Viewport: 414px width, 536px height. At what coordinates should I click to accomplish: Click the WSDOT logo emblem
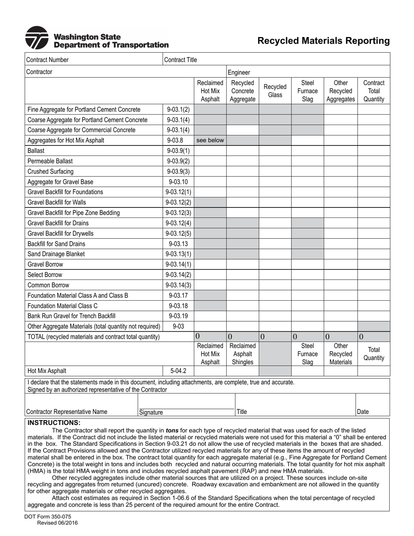(x=37, y=38)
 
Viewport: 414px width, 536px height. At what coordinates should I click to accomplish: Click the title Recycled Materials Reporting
(x=323, y=41)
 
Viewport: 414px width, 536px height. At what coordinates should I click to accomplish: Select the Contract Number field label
(x=48, y=60)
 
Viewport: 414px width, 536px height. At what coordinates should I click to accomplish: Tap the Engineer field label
(x=239, y=72)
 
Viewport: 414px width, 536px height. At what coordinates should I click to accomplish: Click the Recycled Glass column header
(x=275, y=91)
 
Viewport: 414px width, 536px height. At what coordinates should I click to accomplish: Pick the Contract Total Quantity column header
(x=373, y=91)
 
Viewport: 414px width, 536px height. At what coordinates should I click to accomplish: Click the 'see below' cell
(x=210, y=140)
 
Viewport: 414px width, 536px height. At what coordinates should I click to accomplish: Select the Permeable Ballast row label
(x=50, y=161)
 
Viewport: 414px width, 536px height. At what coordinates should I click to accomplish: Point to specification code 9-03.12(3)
(x=178, y=213)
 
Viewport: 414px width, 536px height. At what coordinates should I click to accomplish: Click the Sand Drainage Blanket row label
(x=56, y=254)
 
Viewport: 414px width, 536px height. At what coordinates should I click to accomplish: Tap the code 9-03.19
(x=178, y=316)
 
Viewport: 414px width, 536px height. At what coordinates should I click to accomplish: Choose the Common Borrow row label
(x=48, y=285)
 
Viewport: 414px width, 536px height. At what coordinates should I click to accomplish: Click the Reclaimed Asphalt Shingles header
(x=242, y=354)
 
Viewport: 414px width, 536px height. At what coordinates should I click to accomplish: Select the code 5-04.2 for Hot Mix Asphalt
(x=178, y=371)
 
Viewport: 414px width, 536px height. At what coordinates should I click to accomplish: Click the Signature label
(x=151, y=412)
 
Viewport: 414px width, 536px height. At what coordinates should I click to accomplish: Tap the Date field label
(x=363, y=411)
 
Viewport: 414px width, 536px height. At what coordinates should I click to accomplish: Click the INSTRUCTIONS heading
(x=54, y=423)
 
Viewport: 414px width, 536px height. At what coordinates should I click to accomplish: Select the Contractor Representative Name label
(x=67, y=411)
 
